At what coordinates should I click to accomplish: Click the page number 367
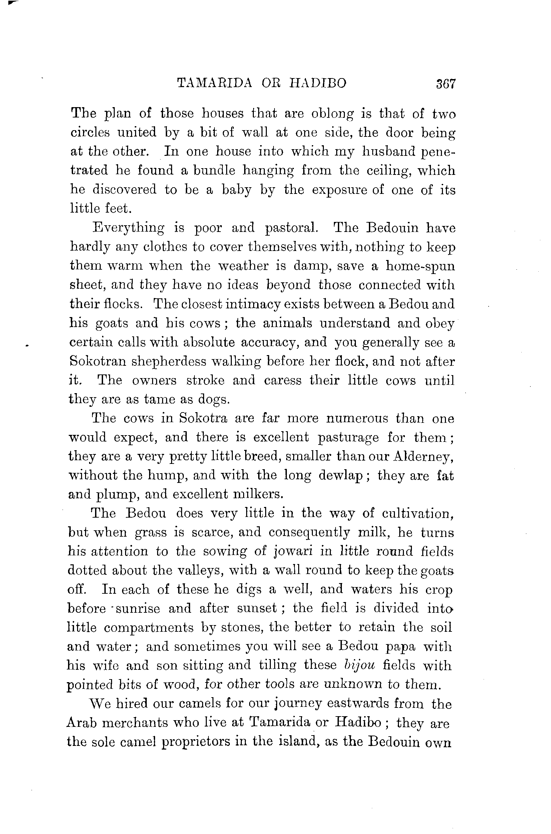(445, 84)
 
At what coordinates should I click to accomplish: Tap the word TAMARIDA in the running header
(215, 83)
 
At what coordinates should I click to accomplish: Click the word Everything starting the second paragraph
(128, 228)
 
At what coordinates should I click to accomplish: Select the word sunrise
(138, 609)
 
